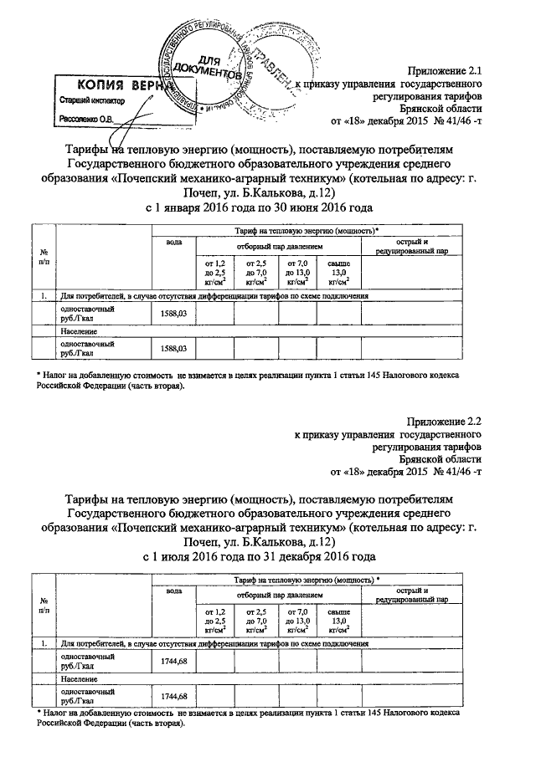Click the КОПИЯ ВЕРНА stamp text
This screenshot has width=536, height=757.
point(117,84)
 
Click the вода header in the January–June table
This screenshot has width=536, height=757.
point(173,242)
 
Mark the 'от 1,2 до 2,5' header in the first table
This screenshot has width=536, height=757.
point(215,272)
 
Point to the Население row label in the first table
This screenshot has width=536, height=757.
point(75,330)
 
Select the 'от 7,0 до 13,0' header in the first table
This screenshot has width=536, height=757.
point(297,272)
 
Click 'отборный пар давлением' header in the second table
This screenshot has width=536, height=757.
point(279,594)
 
